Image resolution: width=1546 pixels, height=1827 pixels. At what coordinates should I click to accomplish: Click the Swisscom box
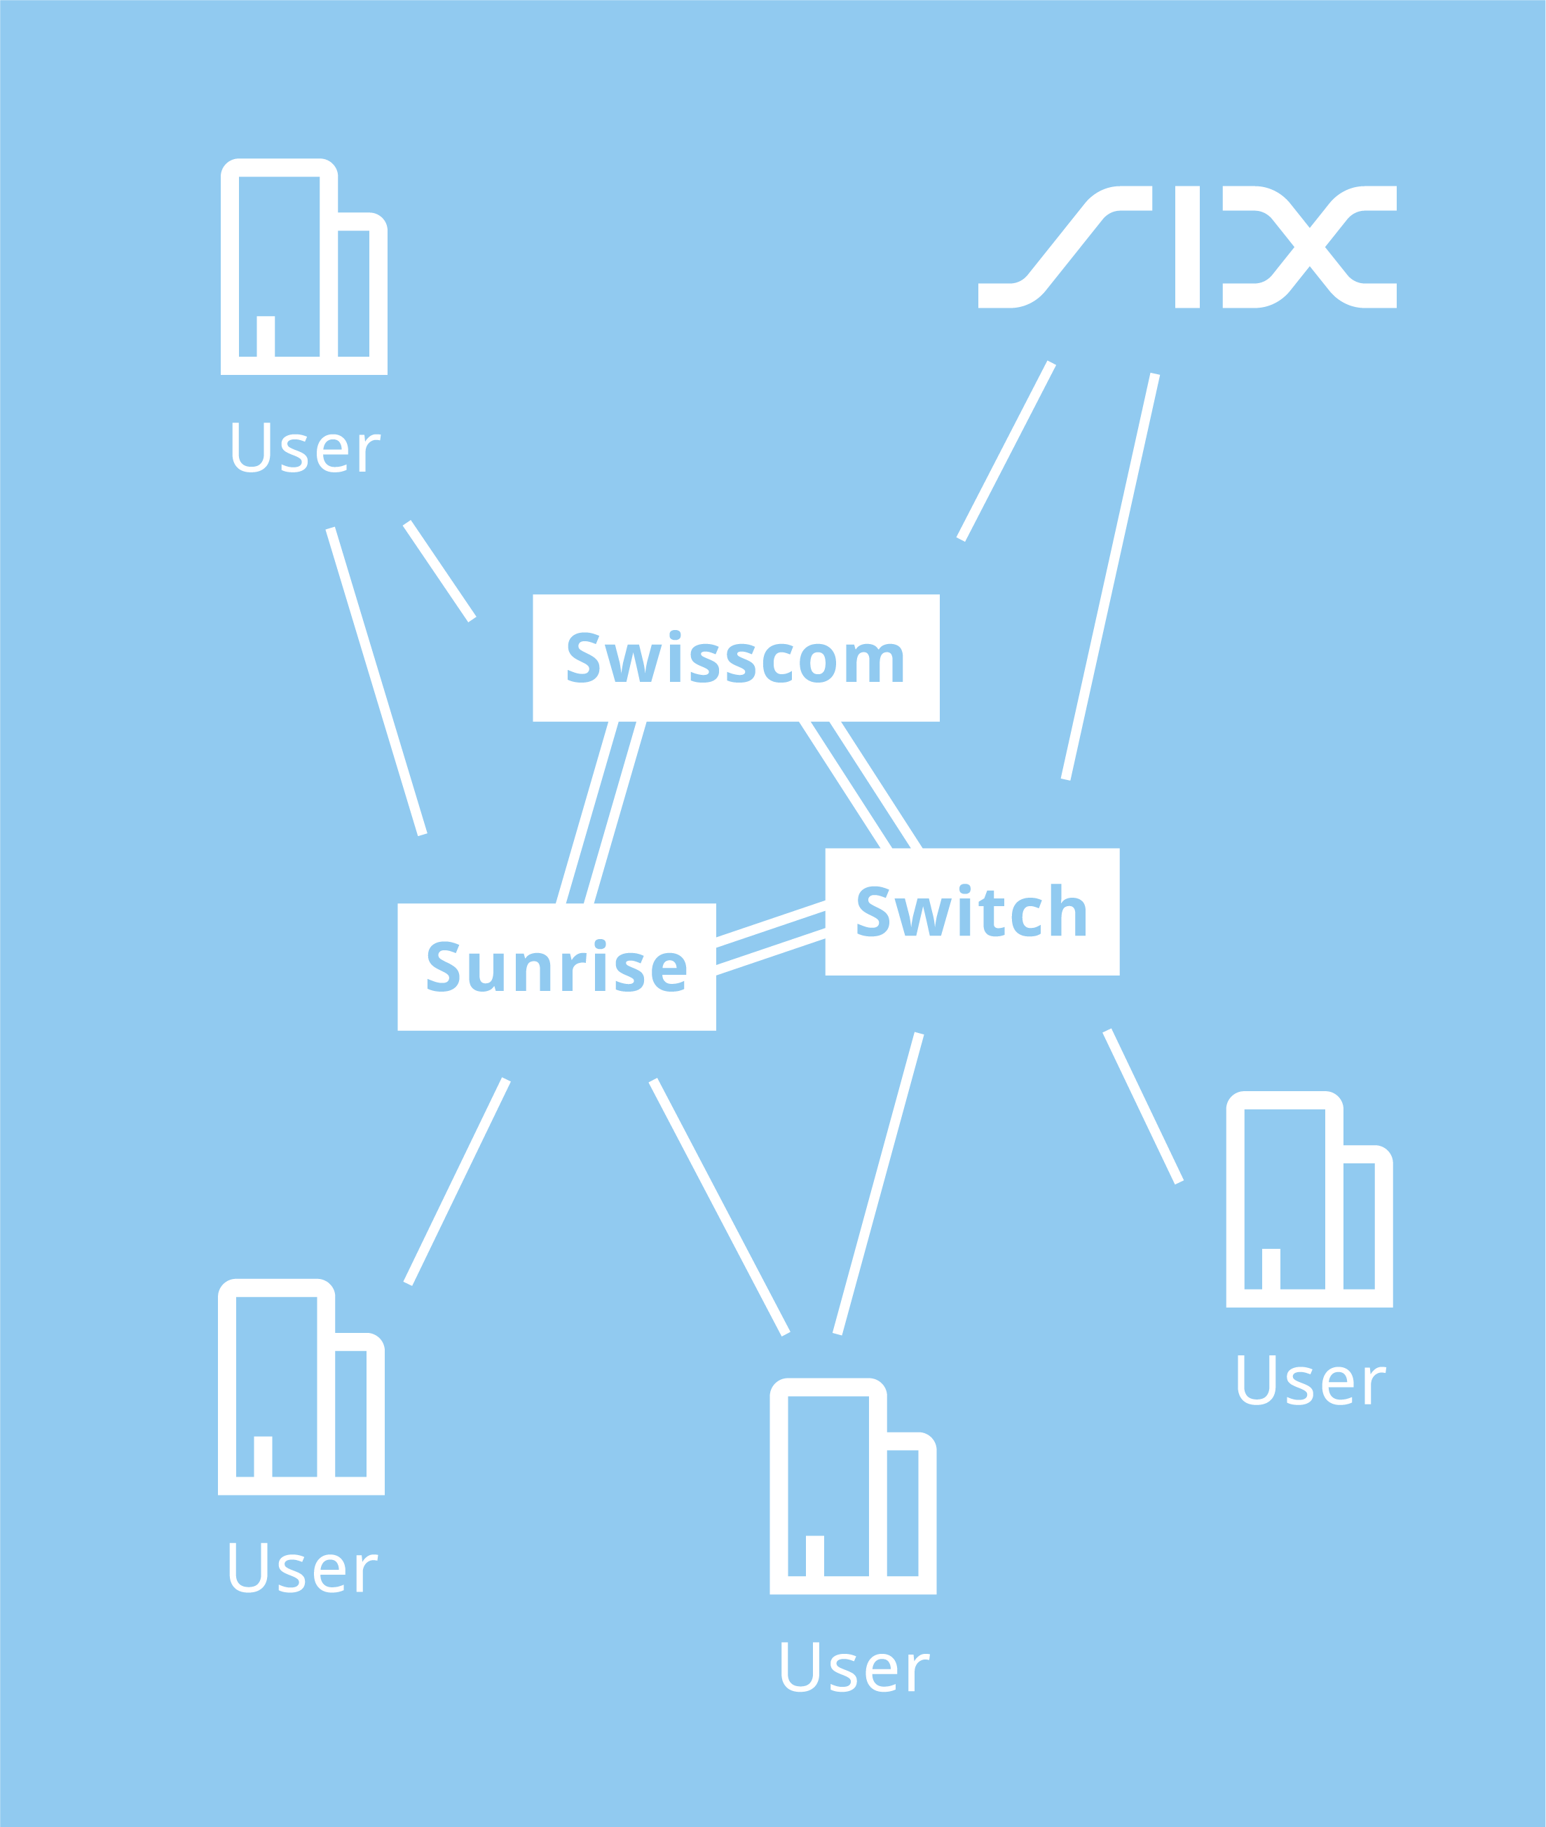(x=735, y=657)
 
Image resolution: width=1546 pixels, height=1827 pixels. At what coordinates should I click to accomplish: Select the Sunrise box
(x=556, y=966)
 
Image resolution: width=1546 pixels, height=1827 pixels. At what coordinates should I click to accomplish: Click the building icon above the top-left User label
(x=303, y=267)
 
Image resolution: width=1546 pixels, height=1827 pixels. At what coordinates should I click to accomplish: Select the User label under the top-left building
(x=306, y=448)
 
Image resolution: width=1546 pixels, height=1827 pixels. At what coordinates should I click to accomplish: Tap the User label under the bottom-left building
(x=302, y=1568)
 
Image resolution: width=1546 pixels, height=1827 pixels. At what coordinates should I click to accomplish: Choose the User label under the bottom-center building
(x=854, y=1667)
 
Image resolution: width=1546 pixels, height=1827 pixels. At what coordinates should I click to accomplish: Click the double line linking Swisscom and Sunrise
(x=601, y=812)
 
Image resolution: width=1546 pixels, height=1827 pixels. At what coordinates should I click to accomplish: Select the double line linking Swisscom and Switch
(x=861, y=785)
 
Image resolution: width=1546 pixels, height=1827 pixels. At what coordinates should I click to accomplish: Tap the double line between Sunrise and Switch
(x=770, y=938)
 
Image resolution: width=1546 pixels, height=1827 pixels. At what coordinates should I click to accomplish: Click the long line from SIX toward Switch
(x=1109, y=577)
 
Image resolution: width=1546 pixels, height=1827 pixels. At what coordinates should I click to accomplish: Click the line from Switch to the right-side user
(x=1143, y=1107)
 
